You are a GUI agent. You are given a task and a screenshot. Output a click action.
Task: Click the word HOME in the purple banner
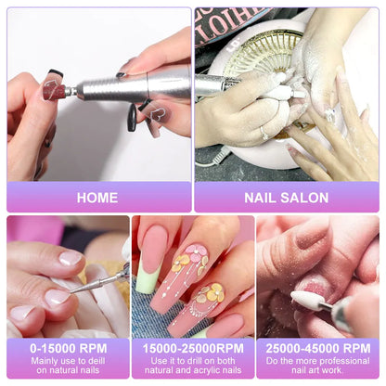[x=97, y=198]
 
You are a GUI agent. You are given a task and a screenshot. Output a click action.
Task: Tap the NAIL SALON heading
[x=287, y=198]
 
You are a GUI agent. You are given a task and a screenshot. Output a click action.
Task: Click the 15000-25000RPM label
[x=193, y=348]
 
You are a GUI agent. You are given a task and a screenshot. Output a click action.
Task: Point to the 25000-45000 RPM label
[x=318, y=348]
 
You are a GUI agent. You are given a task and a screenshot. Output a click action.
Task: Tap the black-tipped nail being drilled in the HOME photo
[x=53, y=87]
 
